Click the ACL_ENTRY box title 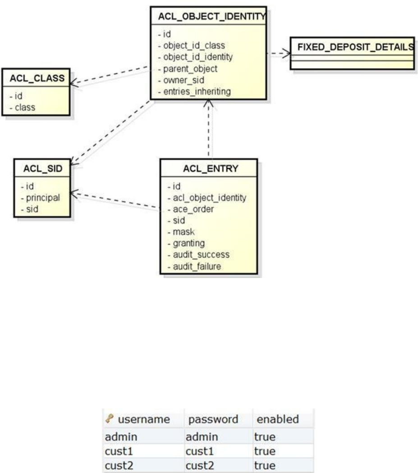[209, 169]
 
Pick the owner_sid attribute [178, 81]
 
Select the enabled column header [278, 419]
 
